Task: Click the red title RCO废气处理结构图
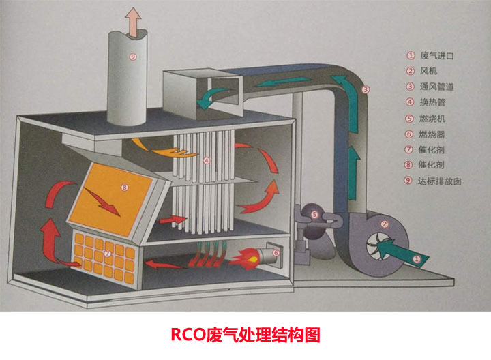(x=245, y=335)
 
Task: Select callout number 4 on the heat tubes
(x=207, y=162)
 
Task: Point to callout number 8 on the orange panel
(x=124, y=186)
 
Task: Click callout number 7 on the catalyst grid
(x=107, y=254)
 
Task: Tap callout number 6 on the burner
(x=276, y=252)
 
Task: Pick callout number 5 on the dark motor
(x=314, y=214)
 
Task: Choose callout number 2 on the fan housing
(x=385, y=224)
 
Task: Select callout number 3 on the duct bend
(x=366, y=89)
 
